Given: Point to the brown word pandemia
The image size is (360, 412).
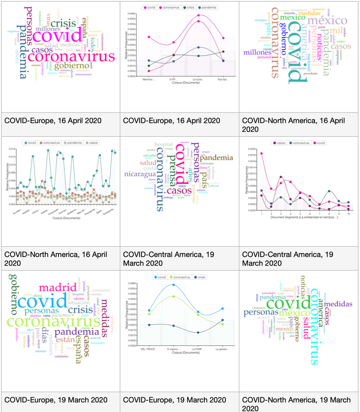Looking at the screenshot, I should (x=216, y=158).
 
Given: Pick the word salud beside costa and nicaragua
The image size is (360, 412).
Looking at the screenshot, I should (x=148, y=163).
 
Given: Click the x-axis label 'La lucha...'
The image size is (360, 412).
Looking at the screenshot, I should (x=198, y=79).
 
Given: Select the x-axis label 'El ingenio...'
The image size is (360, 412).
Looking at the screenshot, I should (x=174, y=349).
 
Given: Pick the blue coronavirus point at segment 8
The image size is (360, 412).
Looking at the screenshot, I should (x=330, y=191).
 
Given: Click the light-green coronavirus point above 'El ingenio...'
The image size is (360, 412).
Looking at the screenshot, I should (x=174, y=296).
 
